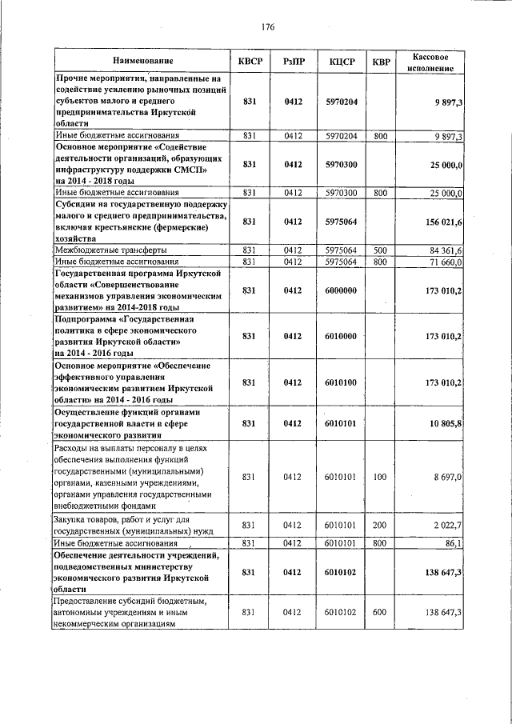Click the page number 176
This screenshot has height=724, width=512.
[x=268, y=27]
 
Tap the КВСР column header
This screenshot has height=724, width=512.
[x=250, y=61]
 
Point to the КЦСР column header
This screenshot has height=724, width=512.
[x=341, y=61]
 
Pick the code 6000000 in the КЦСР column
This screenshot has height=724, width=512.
[x=341, y=290]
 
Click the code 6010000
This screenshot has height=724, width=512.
[x=341, y=335]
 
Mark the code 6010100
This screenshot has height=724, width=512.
[x=341, y=382]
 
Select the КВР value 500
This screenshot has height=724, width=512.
[x=380, y=250]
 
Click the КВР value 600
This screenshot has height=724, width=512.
[x=380, y=612]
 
